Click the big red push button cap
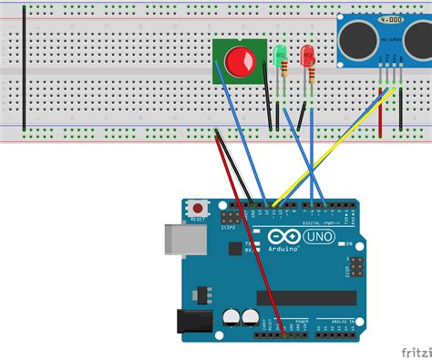point(240,61)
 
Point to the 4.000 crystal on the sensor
point(391,18)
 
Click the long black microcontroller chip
point(305,297)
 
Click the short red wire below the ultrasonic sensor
point(380,109)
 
